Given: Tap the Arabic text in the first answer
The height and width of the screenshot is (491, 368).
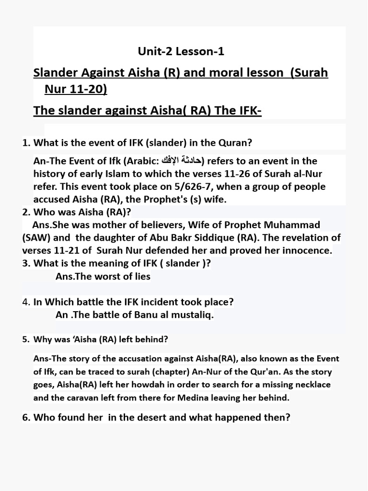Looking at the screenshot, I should pyautogui.click(x=185, y=161).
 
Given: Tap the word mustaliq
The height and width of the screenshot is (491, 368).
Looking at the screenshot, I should pyautogui.click(x=188, y=315).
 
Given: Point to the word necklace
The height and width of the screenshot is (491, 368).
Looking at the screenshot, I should pyautogui.click(x=312, y=385).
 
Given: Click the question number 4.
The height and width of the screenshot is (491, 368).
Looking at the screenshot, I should pyautogui.click(x=26, y=302).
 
